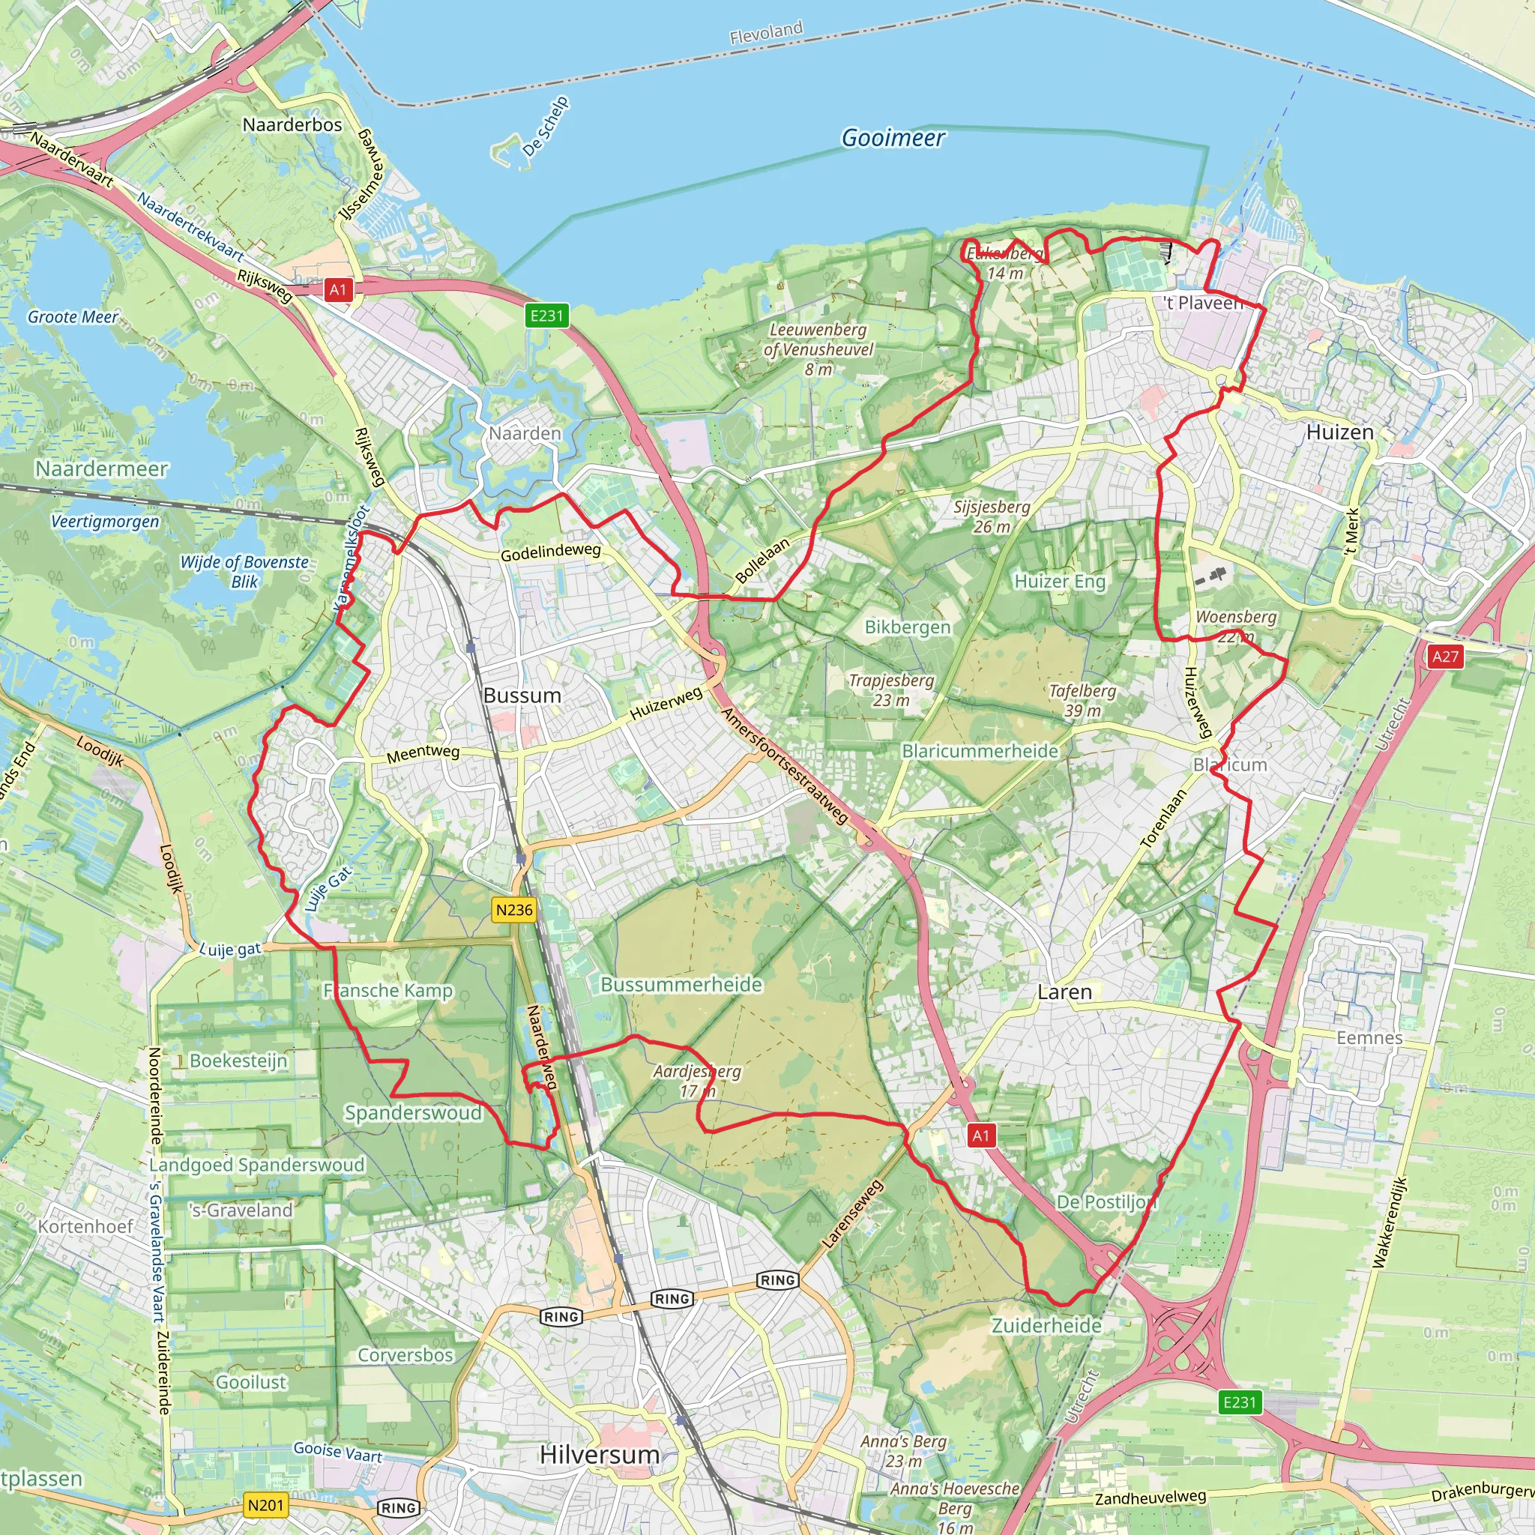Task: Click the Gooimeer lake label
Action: point(892,138)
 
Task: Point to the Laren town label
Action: point(1064,992)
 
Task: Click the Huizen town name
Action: point(1339,432)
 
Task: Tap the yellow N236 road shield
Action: point(513,910)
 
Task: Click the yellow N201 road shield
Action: point(265,1505)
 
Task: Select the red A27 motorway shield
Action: point(1445,657)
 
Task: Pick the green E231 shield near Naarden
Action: point(546,316)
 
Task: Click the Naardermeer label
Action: point(102,468)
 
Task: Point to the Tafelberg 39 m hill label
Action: point(1082,701)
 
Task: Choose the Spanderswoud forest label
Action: point(412,1112)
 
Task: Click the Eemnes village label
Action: point(1369,1037)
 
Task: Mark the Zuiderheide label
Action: point(1046,1325)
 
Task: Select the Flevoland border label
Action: point(766,32)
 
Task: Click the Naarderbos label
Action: point(292,124)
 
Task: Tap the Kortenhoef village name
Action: point(85,1226)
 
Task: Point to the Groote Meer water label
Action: point(73,317)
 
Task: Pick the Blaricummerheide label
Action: point(980,751)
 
